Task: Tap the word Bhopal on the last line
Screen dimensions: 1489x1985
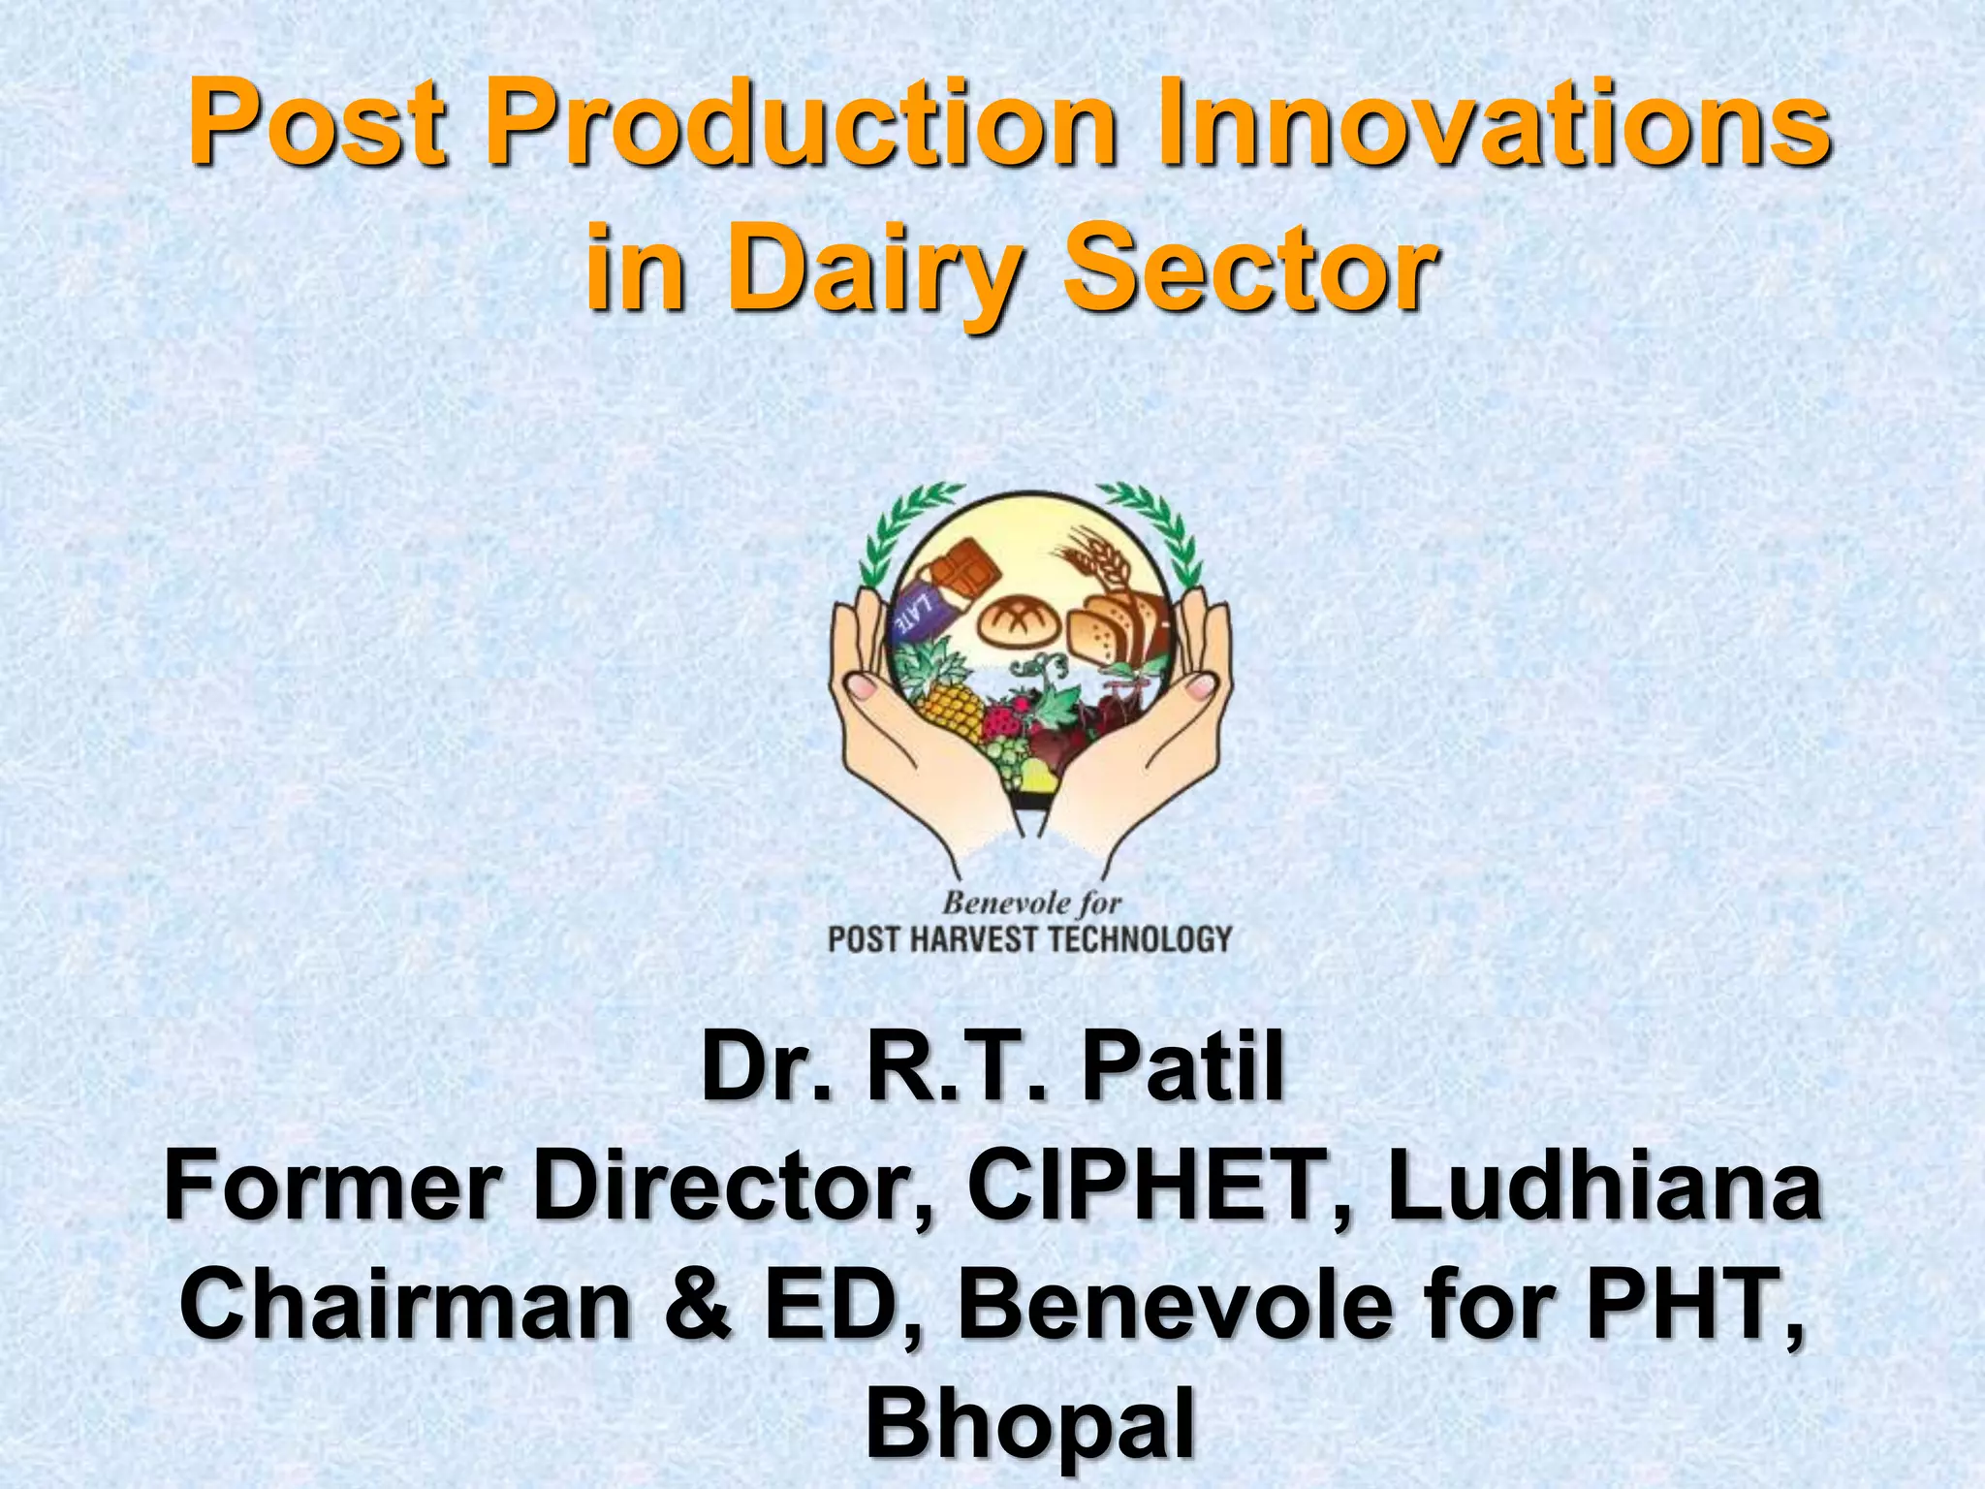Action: (1029, 1427)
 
